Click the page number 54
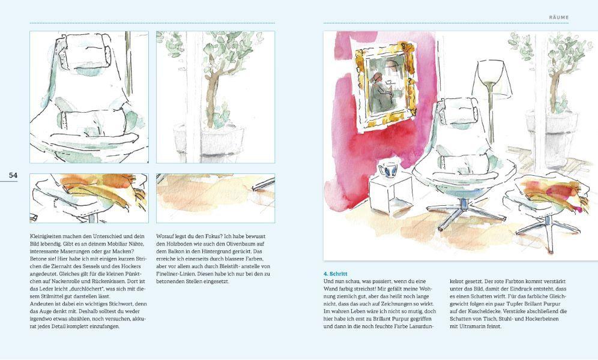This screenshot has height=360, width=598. [x=13, y=175]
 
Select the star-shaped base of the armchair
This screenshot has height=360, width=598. [x=461, y=208]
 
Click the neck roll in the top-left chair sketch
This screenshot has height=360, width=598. [x=89, y=49]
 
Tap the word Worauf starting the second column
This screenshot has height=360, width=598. [x=166, y=236]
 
